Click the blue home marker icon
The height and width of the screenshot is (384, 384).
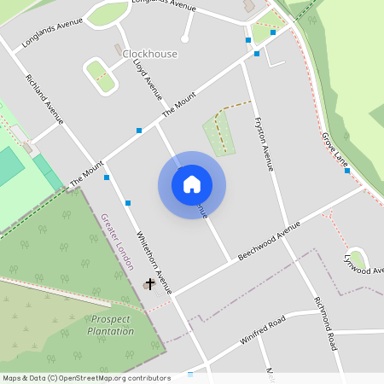pyautogui.click(x=192, y=184)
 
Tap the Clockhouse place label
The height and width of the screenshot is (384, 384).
pyautogui.click(x=150, y=54)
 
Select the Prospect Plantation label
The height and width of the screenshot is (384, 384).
pyautogui.click(x=111, y=324)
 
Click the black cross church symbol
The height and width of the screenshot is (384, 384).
pyautogui.click(x=150, y=282)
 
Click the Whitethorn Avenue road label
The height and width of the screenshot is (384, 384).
pyautogui.click(x=150, y=253)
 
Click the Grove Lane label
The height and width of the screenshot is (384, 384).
pyautogui.click(x=335, y=148)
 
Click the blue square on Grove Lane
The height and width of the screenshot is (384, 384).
pyautogui.click(x=347, y=171)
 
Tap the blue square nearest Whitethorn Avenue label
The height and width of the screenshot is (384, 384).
pyautogui.click(x=128, y=203)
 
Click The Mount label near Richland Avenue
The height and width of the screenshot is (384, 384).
pyautogui.click(x=86, y=175)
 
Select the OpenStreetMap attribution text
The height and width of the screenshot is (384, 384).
pyautogui.click(x=85, y=377)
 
